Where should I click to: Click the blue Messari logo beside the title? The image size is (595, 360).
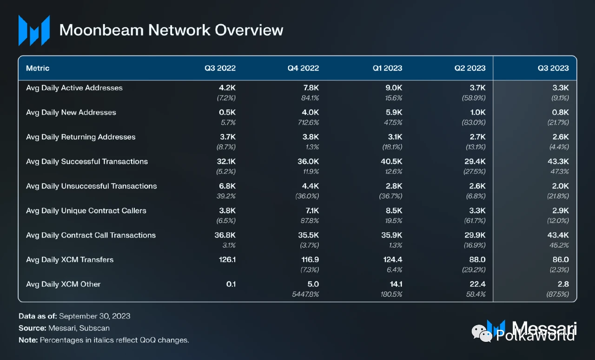point(34,31)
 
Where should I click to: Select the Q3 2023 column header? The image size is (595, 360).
point(553,68)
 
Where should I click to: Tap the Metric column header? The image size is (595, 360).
point(38,68)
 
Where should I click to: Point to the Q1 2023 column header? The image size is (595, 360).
point(387,68)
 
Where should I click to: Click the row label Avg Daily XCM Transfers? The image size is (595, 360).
point(70,260)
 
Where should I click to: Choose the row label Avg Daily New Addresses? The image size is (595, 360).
point(71,112)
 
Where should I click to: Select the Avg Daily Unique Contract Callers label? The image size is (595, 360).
point(86,210)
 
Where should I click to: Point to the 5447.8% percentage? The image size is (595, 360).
point(305,294)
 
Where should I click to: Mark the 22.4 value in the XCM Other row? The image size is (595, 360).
point(476,284)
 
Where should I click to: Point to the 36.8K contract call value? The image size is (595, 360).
point(225,235)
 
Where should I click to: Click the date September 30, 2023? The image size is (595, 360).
point(94,316)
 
